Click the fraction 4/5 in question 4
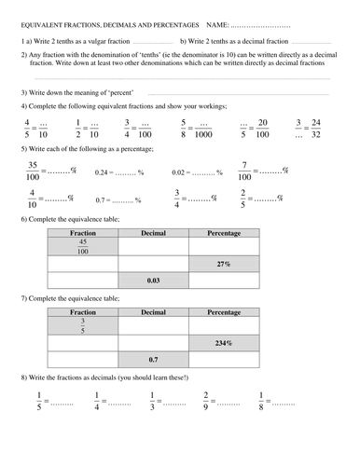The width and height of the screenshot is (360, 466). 27,129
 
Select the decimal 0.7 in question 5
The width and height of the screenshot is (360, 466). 104,200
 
